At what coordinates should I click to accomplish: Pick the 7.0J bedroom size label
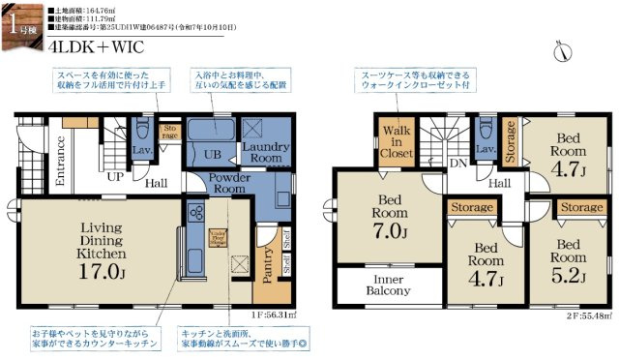point(395,233)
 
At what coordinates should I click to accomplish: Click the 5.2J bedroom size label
point(569,277)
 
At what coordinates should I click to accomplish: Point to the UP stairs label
point(114,178)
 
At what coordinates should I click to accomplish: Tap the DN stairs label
point(456,165)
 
